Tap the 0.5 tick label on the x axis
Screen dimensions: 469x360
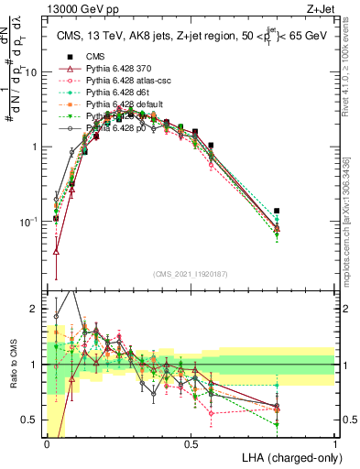click(x=191, y=444)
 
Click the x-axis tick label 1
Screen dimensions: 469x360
click(x=334, y=444)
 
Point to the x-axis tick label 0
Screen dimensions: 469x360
click(x=47, y=444)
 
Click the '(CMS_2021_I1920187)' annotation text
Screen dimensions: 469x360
click(x=191, y=274)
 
